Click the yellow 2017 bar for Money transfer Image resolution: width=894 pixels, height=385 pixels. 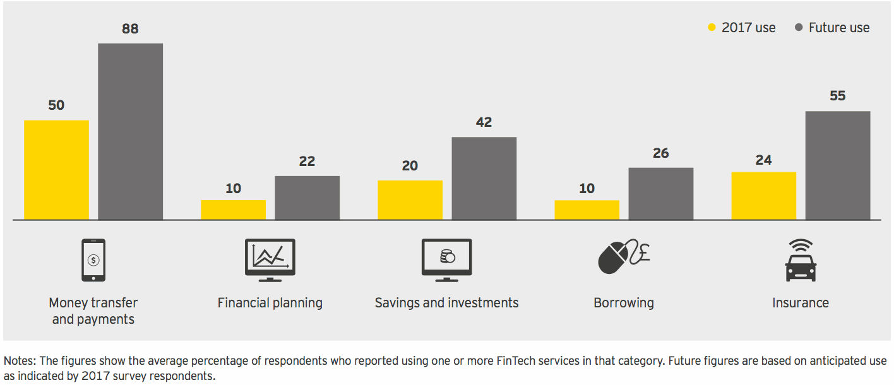[x=56, y=170]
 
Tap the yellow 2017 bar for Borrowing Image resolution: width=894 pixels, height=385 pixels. [x=587, y=210]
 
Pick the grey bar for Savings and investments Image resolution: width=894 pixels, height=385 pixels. [x=484, y=179]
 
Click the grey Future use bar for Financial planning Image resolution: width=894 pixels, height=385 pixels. [x=307, y=198]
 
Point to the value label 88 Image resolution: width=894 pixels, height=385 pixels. [x=130, y=29]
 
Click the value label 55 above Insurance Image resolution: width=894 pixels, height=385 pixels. [x=837, y=96]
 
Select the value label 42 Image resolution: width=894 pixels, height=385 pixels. [x=484, y=122]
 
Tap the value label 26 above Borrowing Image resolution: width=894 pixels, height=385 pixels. [x=660, y=153]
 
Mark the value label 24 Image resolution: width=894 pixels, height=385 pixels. [x=763, y=160]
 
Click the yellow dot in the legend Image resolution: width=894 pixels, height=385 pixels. [x=712, y=28]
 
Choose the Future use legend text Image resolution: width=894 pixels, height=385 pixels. [x=839, y=28]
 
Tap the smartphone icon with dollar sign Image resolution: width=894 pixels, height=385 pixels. [x=93, y=259]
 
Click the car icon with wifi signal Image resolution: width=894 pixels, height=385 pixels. [x=801, y=260]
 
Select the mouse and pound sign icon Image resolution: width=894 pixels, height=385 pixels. [x=623, y=258]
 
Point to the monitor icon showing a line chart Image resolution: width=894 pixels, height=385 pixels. [x=270, y=259]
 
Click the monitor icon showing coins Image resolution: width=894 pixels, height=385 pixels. [x=446, y=259]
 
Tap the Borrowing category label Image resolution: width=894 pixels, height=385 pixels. [x=623, y=303]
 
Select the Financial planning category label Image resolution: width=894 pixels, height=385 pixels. [x=270, y=303]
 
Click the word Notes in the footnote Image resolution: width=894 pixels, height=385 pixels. [x=20, y=361]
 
